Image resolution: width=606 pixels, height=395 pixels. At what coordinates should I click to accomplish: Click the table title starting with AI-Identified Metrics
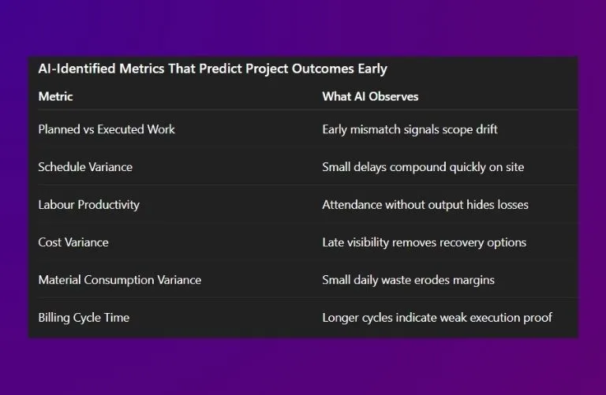(x=212, y=69)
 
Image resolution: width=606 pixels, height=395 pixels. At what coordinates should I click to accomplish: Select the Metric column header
(x=55, y=96)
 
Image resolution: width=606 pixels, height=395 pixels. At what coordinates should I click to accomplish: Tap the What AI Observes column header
(x=370, y=96)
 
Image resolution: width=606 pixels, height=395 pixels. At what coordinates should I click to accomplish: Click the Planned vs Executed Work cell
(x=107, y=129)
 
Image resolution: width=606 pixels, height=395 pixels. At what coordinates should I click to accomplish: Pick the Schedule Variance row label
(x=85, y=167)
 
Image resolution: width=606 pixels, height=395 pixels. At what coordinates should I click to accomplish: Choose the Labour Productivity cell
(x=88, y=204)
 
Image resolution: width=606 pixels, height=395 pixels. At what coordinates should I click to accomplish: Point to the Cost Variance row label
(x=73, y=242)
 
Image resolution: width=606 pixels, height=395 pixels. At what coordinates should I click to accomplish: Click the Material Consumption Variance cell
(x=119, y=280)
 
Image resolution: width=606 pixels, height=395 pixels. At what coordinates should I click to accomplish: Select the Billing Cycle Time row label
(x=84, y=318)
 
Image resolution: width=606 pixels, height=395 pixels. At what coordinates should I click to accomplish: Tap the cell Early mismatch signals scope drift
(x=410, y=129)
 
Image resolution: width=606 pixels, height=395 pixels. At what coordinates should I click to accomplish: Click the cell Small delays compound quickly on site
(x=423, y=167)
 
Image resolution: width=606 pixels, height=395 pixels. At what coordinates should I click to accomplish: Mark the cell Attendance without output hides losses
(x=425, y=204)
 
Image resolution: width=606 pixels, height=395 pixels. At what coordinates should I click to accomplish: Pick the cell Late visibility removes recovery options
(x=424, y=242)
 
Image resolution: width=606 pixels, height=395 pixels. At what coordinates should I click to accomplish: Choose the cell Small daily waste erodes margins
(x=408, y=280)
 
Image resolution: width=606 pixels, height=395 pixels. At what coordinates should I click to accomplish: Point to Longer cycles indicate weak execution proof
(x=437, y=318)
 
